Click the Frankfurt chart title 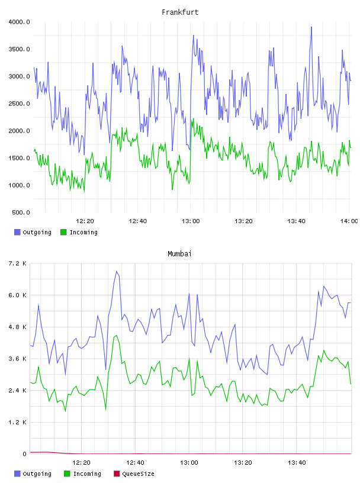tap(180, 12)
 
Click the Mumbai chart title tap(179, 254)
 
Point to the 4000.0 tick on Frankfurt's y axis tap(19, 22)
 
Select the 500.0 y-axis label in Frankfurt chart tap(21, 212)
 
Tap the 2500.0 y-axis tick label tap(19, 104)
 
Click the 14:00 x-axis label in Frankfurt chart tap(349, 221)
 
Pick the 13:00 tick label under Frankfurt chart tap(191, 221)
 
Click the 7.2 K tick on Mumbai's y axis tap(18, 263)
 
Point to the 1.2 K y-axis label tap(18, 422)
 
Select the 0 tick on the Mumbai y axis tap(24, 454)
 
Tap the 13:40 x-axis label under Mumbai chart tap(297, 463)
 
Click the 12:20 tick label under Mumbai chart tap(81, 463)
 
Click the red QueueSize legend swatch tap(117, 474)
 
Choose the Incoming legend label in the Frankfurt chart tap(83, 232)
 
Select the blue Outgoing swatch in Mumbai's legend tap(17, 474)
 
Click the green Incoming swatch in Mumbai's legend tap(67, 474)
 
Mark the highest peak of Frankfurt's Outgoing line tap(311, 27)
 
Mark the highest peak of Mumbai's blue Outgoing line tap(117, 271)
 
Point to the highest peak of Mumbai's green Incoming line tap(116, 336)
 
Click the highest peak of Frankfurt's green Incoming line tap(194, 118)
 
